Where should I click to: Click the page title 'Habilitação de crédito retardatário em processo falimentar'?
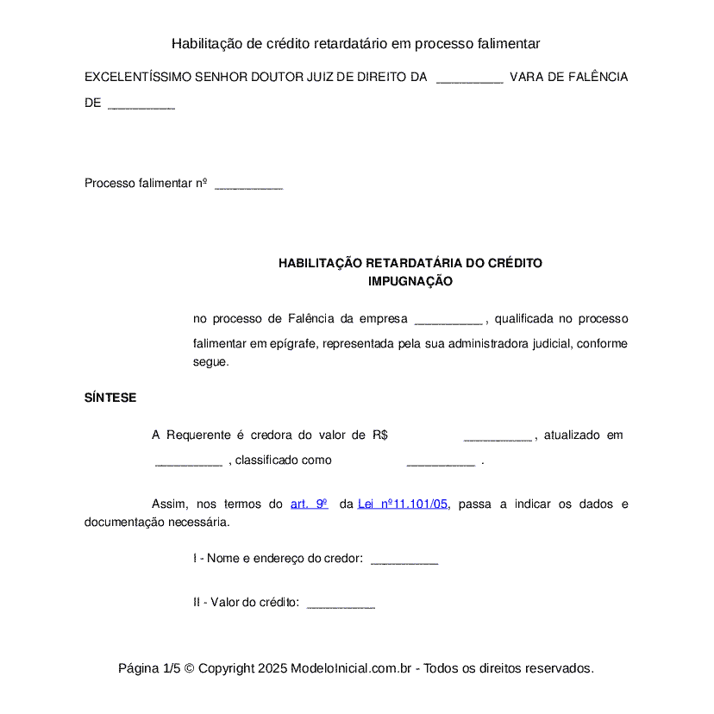(x=355, y=43)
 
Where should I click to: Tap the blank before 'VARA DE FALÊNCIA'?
(x=469, y=78)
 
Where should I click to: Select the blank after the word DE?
(x=141, y=104)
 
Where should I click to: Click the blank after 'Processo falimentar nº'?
(x=248, y=185)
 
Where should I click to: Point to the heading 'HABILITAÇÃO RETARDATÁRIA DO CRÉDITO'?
(x=410, y=263)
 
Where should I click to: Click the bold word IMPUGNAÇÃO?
(x=410, y=281)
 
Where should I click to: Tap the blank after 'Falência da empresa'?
(x=448, y=320)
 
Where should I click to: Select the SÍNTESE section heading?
(x=110, y=398)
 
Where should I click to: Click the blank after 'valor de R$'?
(x=498, y=436)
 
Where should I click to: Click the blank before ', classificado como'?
(x=189, y=461)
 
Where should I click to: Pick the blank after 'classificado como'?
(x=441, y=461)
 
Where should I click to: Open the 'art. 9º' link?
(x=310, y=504)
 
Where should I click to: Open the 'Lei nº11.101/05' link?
(x=403, y=504)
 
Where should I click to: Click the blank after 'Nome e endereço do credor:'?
(x=404, y=560)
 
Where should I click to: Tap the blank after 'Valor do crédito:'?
(x=341, y=604)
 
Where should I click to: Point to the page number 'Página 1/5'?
(x=149, y=668)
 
